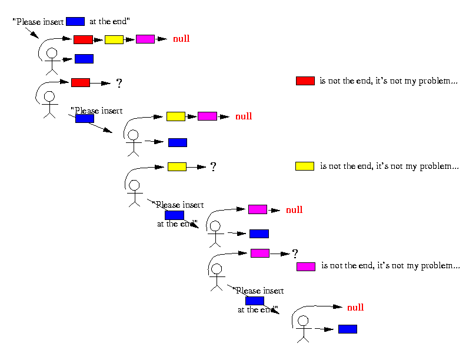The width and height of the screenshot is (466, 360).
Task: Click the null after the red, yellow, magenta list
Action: coord(181,39)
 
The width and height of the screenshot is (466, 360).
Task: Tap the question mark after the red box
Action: coord(119,83)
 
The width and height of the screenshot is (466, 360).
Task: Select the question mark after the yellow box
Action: coord(213,167)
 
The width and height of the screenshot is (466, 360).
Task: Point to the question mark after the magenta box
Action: coord(295,254)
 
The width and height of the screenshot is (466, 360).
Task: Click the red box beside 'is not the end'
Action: coord(305,81)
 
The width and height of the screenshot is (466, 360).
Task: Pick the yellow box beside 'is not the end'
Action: coord(305,166)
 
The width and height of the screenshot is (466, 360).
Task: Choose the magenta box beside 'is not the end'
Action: coord(306,266)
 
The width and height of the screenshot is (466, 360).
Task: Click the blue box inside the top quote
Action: coord(75,21)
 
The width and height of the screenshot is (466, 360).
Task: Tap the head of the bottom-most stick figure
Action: coord(303,321)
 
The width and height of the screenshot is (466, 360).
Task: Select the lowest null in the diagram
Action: coord(355,308)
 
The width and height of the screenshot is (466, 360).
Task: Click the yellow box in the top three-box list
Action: coord(114,39)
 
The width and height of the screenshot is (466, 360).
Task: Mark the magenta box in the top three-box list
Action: coord(145,39)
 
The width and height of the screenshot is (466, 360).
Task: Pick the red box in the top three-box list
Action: coord(83,39)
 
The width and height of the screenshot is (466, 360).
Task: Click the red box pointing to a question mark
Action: coord(81,82)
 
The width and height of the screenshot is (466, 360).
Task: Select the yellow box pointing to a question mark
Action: coord(177,166)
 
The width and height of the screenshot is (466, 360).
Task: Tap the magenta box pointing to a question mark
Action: coord(260,254)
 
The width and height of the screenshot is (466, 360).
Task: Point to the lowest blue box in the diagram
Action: coord(348,329)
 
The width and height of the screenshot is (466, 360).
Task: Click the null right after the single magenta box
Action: coord(294,210)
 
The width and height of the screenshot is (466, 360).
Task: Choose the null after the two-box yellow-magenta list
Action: coord(244,116)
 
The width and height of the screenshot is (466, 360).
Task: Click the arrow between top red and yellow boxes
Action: coord(98,40)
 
